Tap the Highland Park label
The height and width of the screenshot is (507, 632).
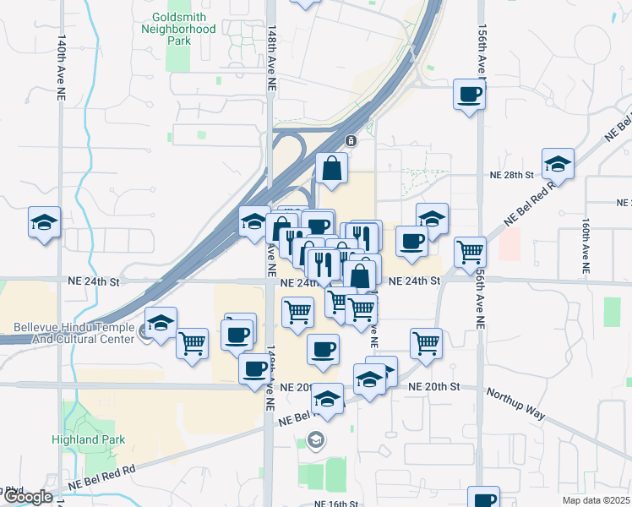tap(99, 439)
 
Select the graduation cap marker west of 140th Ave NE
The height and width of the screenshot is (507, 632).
tap(44, 223)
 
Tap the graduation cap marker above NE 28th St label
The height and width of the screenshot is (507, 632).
tap(558, 164)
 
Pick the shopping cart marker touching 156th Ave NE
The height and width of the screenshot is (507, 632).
tap(470, 251)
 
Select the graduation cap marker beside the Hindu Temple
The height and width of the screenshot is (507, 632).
tap(161, 323)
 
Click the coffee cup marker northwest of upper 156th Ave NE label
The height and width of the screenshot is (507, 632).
tap(469, 94)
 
